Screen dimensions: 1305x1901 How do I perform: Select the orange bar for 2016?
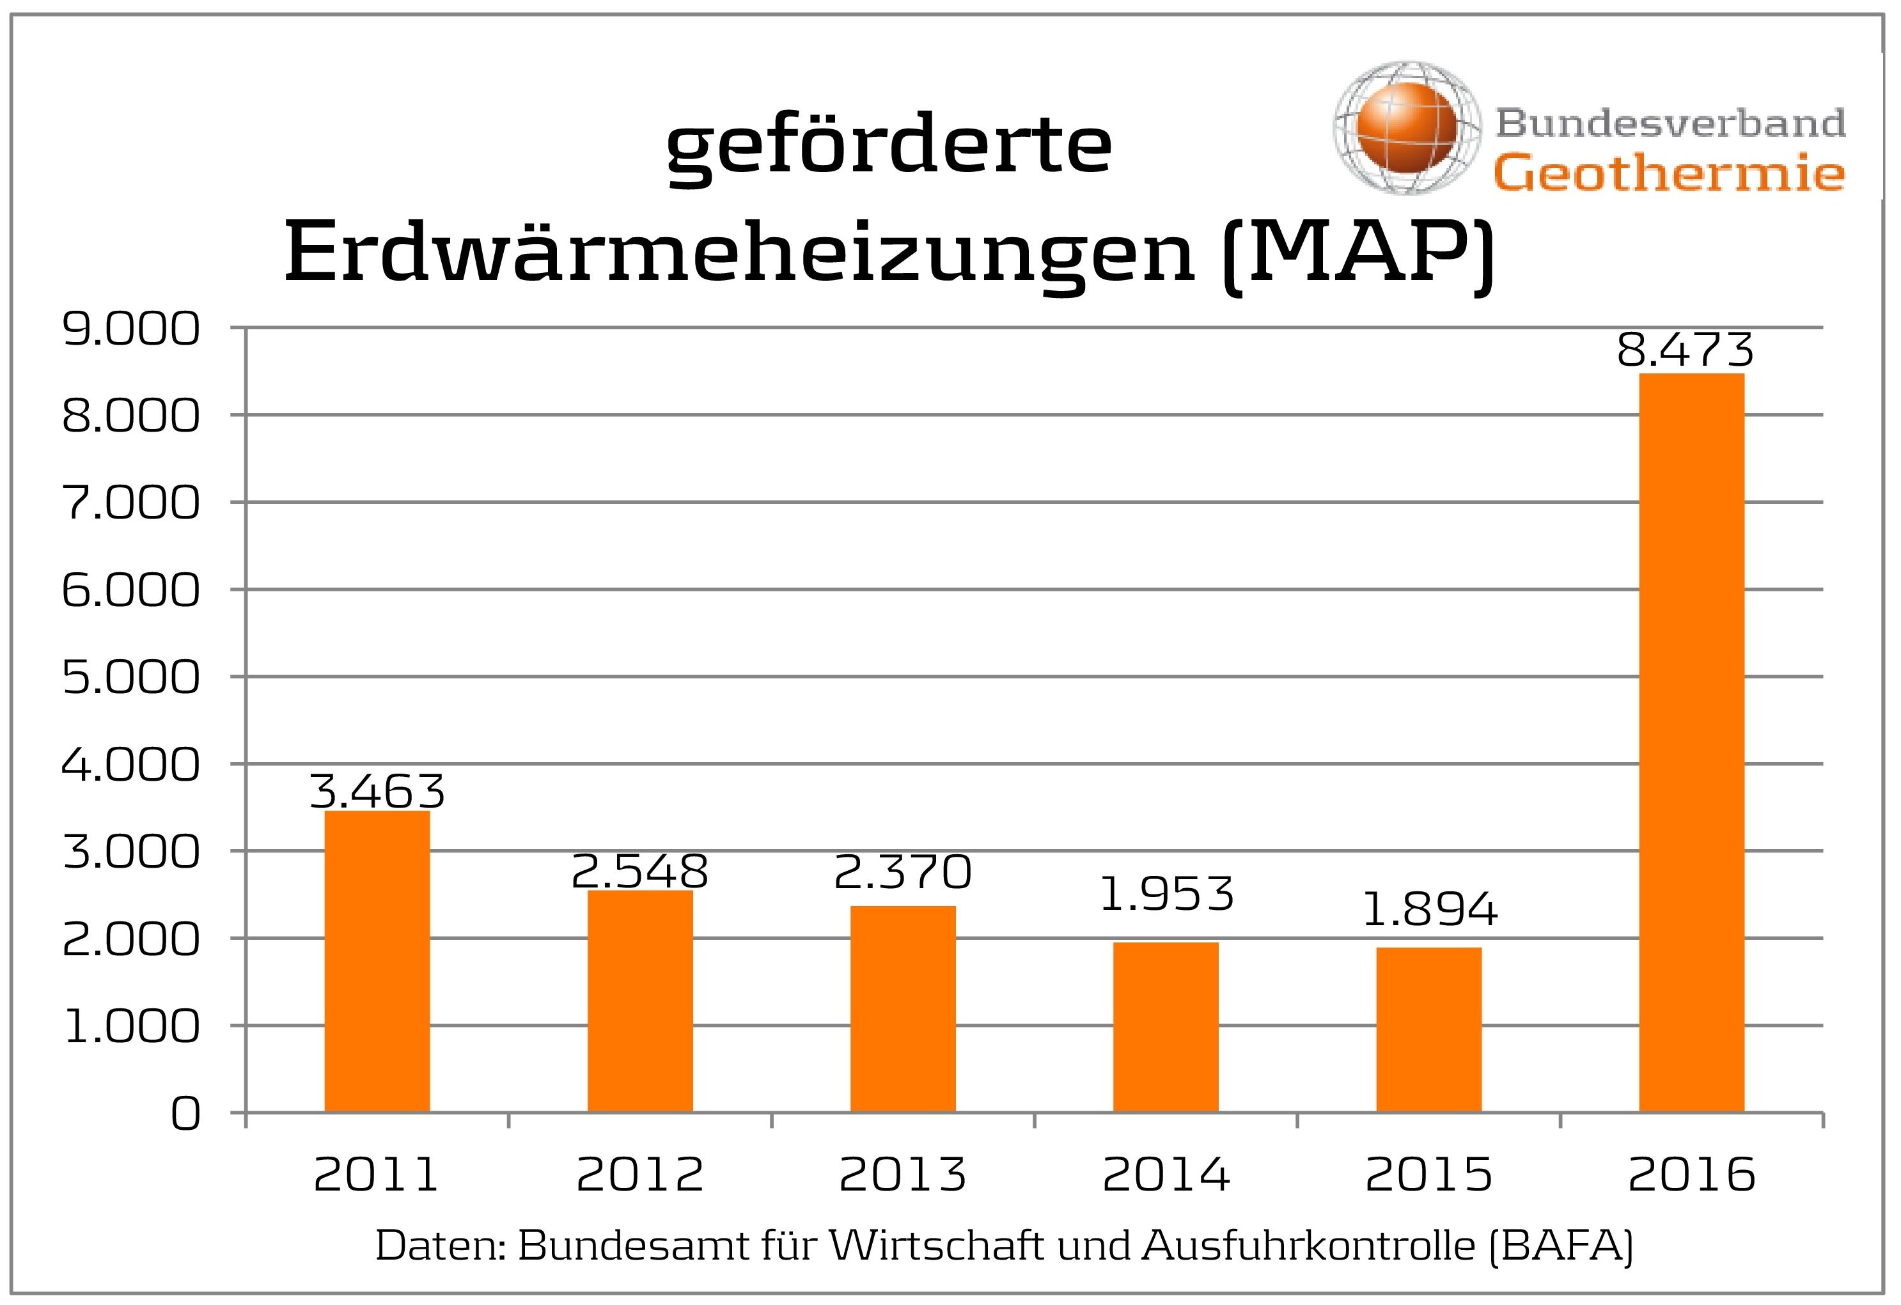(x=1692, y=742)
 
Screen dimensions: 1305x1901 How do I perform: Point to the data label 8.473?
(x=1685, y=350)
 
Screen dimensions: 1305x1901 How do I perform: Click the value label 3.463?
(x=377, y=790)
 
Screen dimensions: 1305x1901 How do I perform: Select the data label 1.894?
(x=1429, y=910)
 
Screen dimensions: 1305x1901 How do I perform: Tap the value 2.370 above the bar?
(x=902, y=871)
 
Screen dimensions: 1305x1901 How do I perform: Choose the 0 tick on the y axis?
(x=185, y=1114)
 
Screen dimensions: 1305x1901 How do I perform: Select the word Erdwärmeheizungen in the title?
(x=740, y=254)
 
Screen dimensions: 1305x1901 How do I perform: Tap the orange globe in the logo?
(x=1406, y=127)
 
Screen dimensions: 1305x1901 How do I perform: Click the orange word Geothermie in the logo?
(x=1669, y=173)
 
